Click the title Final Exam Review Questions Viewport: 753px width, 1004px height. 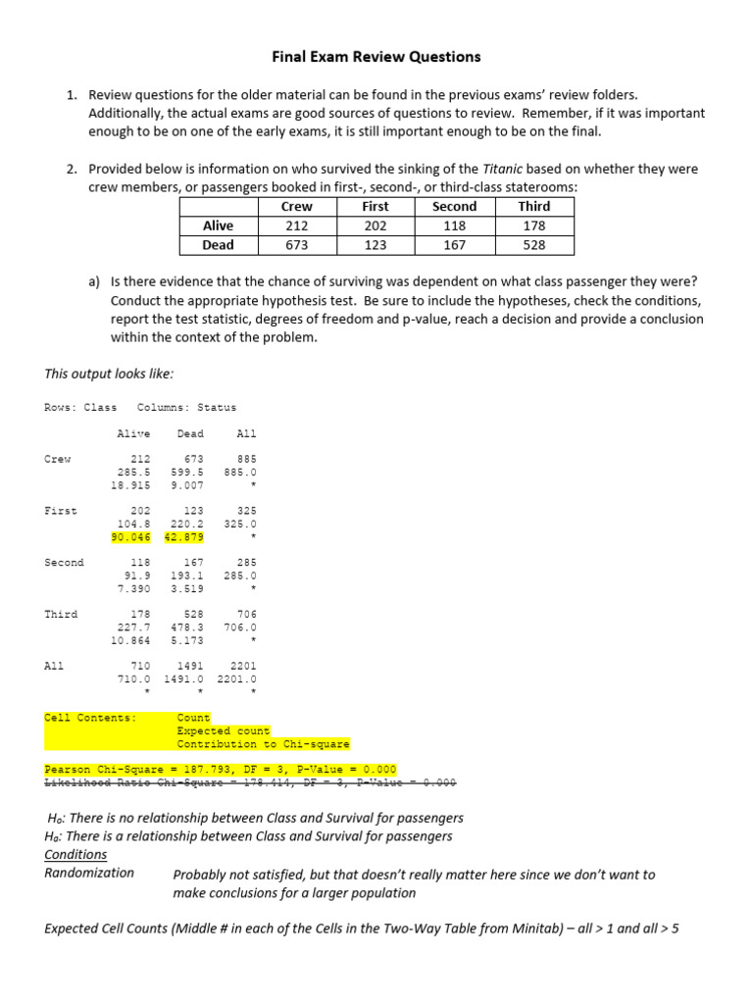tap(376, 57)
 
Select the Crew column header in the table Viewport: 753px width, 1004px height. tap(296, 207)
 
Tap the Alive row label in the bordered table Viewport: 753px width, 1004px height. tap(218, 226)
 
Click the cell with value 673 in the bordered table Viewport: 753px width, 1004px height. tap(296, 245)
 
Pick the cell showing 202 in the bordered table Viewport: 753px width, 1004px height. tap(375, 226)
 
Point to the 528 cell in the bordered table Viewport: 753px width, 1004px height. tap(533, 245)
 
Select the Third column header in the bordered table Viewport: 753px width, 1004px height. tap(533, 207)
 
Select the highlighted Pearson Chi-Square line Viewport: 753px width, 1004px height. tap(221, 770)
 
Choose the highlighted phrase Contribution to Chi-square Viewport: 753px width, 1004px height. tap(263, 744)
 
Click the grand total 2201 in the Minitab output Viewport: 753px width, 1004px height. tap(241, 666)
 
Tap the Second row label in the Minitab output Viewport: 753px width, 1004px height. tap(64, 563)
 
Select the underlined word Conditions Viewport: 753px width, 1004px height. tap(75, 855)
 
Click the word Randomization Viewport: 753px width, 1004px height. tap(89, 873)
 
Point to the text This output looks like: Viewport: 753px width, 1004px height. tap(110, 374)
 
